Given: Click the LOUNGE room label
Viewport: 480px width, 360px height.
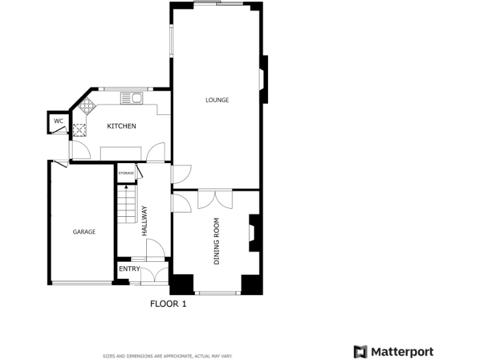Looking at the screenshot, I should click(x=217, y=100).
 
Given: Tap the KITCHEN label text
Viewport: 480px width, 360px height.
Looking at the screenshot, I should click(x=121, y=126).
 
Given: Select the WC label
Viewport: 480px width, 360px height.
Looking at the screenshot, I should click(x=58, y=121).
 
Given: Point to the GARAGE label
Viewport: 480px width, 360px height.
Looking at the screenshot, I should click(x=84, y=232).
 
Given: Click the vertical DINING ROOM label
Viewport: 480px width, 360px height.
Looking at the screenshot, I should click(x=217, y=241).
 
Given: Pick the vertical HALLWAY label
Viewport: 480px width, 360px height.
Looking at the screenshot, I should click(x=144, y=220).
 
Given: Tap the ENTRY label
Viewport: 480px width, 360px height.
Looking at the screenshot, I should click(x=129, y=269).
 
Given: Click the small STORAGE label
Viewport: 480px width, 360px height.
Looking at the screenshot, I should click(x=126, y=173).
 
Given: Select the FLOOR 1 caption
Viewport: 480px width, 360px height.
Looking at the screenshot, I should click(x=168, y=304).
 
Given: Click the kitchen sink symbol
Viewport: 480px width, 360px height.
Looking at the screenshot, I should click(x=132, y=97).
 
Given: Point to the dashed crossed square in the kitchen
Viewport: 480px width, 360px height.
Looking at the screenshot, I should click(x=79, y=130).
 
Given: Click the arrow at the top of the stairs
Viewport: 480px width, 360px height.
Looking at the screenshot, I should click(x=126, y=186).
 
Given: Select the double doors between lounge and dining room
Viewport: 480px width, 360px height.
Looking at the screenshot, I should click(x=215, y=199).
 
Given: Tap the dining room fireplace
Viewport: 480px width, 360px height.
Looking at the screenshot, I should click(x=253, y=233).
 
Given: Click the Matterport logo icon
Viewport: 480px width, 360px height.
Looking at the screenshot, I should click(x=360, y=351).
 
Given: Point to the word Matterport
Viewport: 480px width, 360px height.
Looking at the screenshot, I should click(x=402, y=351).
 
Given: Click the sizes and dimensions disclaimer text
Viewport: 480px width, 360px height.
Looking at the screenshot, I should click(x=167, y=356).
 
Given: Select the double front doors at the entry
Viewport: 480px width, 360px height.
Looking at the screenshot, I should click(x=154, y=276).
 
